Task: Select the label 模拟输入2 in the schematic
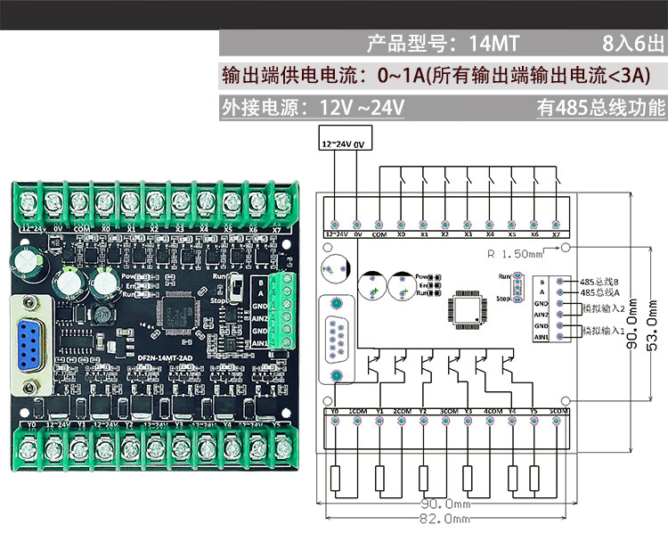tap(605, 308)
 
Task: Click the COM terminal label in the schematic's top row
tap(379, 234)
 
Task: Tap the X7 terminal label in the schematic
tap(557, 234)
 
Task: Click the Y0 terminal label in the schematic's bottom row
tap(334, 412)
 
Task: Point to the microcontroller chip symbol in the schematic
tap(467, 306)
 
